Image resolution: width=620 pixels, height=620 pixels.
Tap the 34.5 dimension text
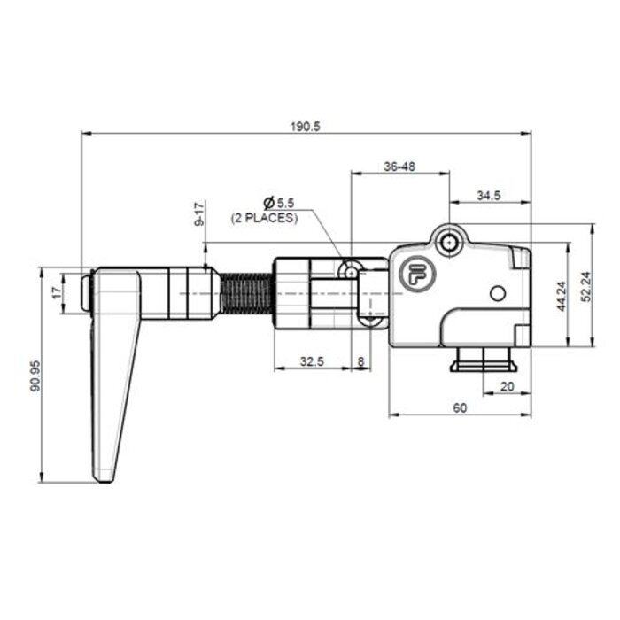pos(488,196)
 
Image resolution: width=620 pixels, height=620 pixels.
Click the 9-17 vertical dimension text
pos(199,214)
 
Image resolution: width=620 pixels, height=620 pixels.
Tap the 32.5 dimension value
pos(311,361)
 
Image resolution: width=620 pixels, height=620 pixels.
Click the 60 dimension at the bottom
pos(460,408)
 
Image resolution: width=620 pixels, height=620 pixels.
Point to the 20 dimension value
pos(507,386)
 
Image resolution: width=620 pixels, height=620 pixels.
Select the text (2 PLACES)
pos(265,217)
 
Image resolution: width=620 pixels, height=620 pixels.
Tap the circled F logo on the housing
pos(414,274)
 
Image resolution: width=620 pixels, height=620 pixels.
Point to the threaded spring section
pos(244,292)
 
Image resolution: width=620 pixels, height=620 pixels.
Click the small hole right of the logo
pos(497,292)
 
